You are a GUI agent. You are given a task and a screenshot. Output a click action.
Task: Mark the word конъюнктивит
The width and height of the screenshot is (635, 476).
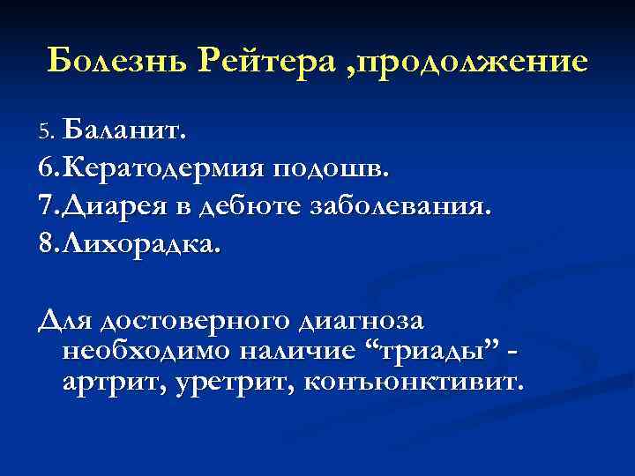[415, 383]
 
